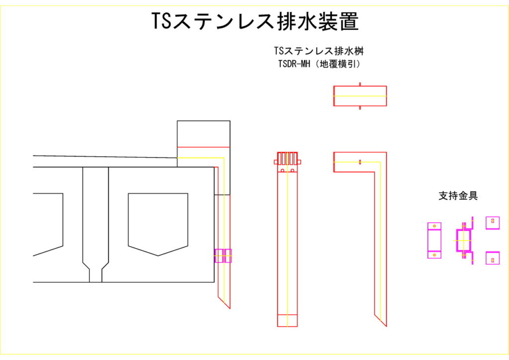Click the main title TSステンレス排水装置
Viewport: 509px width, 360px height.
254,22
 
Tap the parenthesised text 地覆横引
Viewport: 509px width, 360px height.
340,64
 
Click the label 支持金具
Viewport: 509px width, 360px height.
458,196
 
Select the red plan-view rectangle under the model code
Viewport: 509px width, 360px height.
360,96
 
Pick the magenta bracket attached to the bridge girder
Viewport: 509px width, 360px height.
223,256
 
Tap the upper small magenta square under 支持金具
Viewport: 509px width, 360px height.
493,223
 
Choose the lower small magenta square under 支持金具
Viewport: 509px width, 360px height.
493,258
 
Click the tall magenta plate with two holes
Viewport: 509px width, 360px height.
434,240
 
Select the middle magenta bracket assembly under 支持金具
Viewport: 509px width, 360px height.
464,241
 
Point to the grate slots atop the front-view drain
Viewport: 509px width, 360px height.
287,159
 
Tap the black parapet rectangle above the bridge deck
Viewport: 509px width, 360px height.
204,133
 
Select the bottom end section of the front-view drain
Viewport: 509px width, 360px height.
287,321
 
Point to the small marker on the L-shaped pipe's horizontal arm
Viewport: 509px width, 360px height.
360,162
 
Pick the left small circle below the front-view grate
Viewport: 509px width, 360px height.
282,171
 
